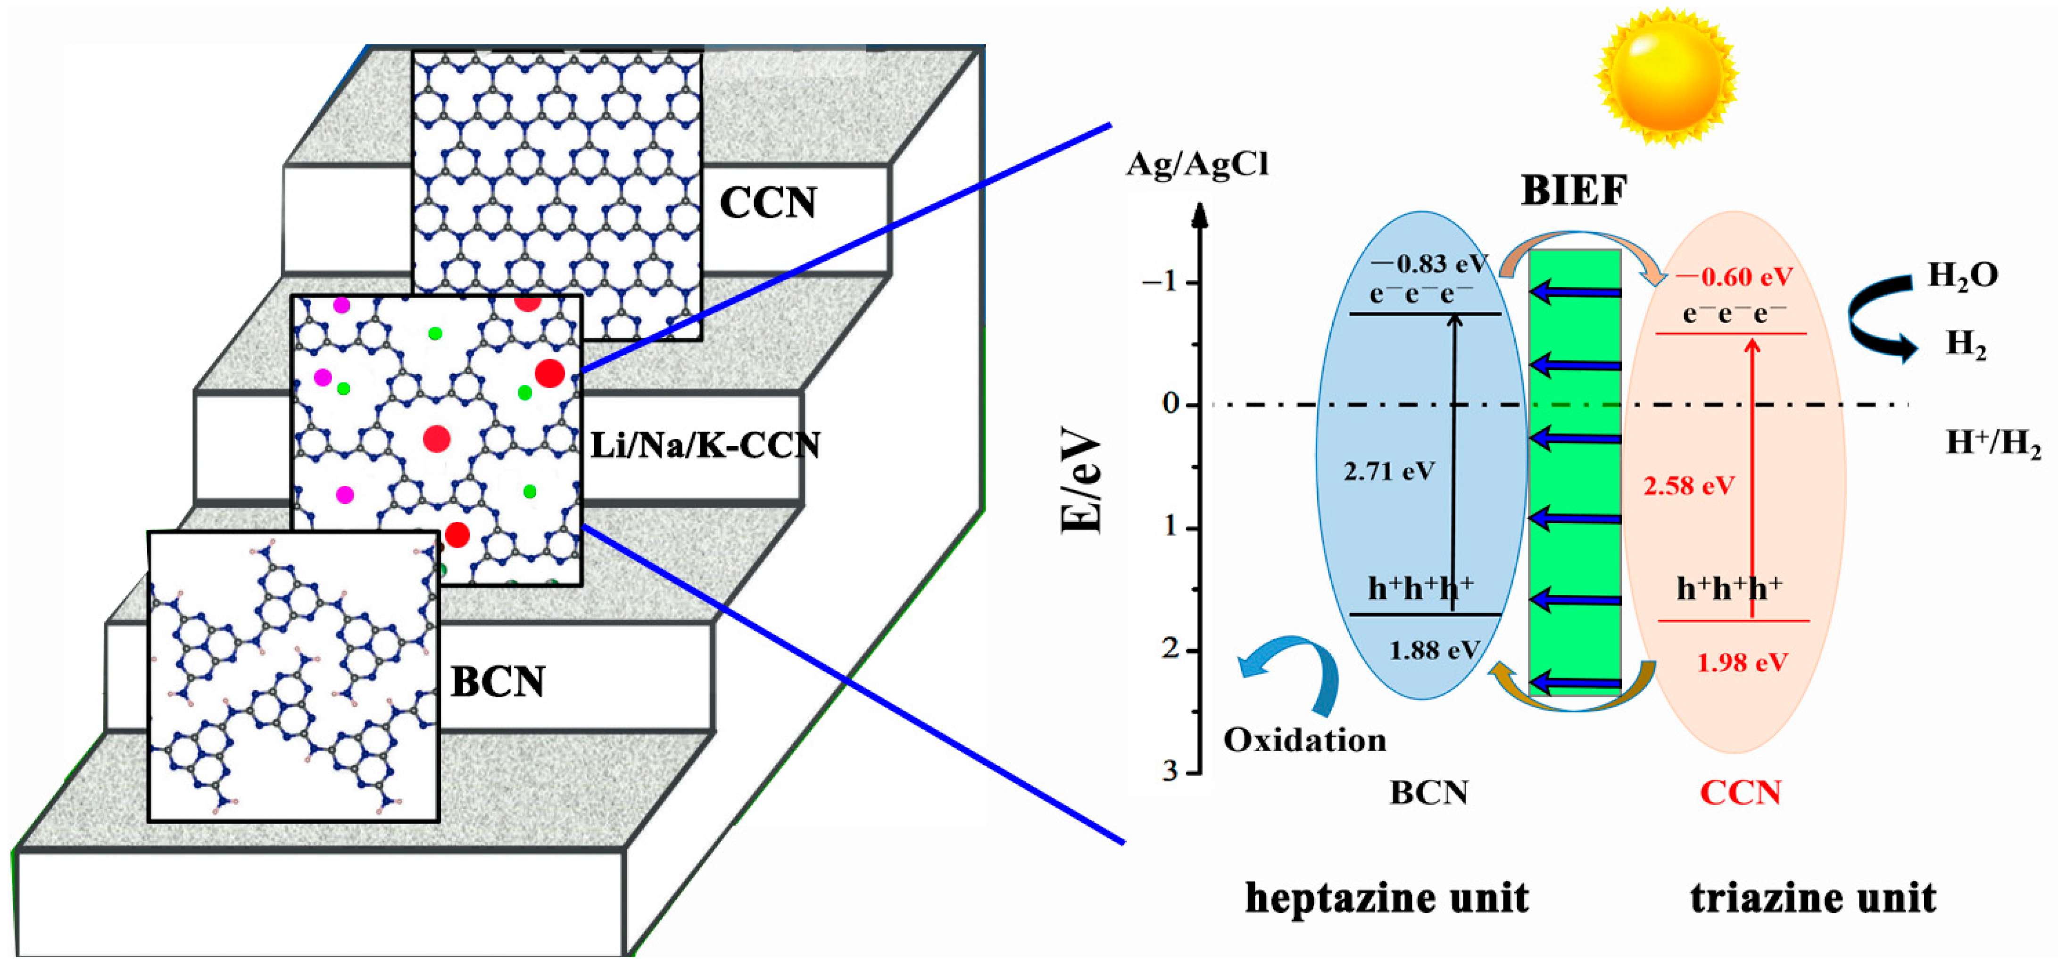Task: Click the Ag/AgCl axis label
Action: pos(1197,165)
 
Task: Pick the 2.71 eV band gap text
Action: pos(1388,471)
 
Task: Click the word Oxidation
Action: pos(1304,740)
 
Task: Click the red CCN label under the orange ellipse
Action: pos(1740,793)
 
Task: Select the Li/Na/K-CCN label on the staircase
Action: pos(705,445)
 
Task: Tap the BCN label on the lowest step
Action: pos(498,682)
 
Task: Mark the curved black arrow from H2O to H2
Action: pos(1879,318)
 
